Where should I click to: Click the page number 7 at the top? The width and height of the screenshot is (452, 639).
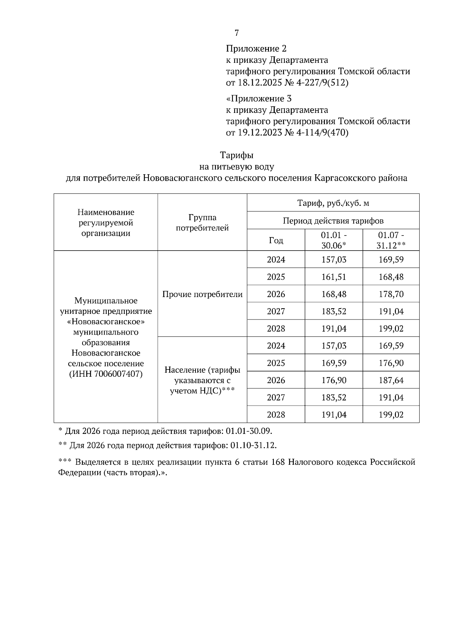click(x=237, y=33)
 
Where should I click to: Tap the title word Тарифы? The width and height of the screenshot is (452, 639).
click(x=237, y=155)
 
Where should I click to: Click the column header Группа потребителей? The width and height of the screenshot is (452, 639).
click(x=202, y=222)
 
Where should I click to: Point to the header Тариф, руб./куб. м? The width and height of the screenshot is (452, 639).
click(x=333, y=203)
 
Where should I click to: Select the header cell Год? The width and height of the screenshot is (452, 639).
click(x=276, y=240)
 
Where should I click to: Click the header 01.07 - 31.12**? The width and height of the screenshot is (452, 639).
click(x=391, y=240)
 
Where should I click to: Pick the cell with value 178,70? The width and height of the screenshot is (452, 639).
click(x=391, y=294)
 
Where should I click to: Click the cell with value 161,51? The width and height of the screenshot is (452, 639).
click(x=333, y=277)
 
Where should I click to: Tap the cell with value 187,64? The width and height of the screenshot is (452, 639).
click(x=391, y=380)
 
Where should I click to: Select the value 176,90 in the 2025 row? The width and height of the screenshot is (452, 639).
click(x=391, y=363)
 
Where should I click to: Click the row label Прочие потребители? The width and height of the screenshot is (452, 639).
click(x=202, y=294)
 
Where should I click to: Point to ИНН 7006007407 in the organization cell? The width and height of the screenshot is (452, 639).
click(x=105, y=374)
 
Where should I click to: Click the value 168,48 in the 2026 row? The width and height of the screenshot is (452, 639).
click(x=333, y=294)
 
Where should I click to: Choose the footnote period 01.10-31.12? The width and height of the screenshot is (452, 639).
click(x=253, y=446)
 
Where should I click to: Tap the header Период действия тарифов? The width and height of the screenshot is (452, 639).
click(x=333, y=221)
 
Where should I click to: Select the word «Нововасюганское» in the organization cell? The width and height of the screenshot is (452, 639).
click(x=105, y=322)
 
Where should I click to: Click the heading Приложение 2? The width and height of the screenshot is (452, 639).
click(x=256, y=49)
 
